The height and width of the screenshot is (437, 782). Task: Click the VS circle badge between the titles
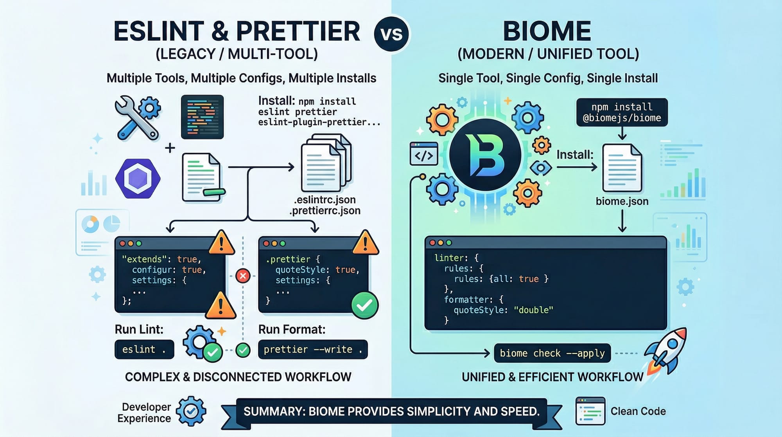pos(391,34)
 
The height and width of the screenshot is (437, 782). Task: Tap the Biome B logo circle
pos(485,155)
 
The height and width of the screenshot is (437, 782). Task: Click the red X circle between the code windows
pos(243,276)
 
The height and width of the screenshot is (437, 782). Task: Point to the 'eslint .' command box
pos(144,349)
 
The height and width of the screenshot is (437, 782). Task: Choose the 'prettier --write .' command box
pos(312,349)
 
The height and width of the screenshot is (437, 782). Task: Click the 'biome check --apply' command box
pos(552,353)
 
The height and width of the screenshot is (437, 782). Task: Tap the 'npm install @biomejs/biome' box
pos(622,112)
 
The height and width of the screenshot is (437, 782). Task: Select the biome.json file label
pos(622,201)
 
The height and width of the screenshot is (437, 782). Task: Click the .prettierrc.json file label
pos(325,211)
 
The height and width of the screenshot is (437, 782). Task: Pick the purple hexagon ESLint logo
pos(138,179)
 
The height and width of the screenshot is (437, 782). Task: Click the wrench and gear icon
pos(137,117)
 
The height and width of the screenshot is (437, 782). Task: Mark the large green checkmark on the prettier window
pos(364,305)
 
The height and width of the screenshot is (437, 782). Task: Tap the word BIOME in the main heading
pos(547,31)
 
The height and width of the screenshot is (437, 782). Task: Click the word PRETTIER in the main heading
pos(298,31)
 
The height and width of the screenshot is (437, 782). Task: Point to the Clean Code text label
pos(638,411)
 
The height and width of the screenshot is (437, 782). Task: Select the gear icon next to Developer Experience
pos(191,411)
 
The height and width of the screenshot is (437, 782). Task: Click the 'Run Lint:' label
pos(139,329)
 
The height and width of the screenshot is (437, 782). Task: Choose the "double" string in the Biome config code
pos(533,310)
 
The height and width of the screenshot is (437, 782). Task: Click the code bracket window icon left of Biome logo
pos(424,154)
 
